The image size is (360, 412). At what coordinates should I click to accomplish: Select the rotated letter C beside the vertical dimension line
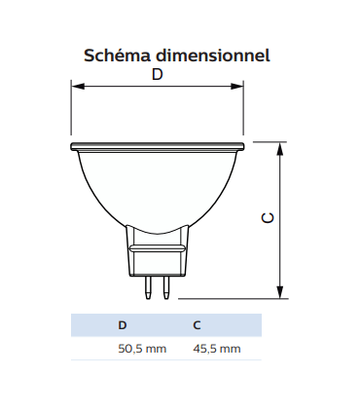(x=269, y=219)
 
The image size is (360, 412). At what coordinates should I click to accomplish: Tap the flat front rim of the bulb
(x=157, y=147)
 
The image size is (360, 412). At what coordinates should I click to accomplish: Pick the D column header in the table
(x=122, y=325)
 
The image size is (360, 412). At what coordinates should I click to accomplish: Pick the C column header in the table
(x=198, y=325)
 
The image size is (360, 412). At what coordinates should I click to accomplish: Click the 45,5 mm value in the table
(x=216, y=349)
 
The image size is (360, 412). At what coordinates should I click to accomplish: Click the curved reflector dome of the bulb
(x=157, y=190)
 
